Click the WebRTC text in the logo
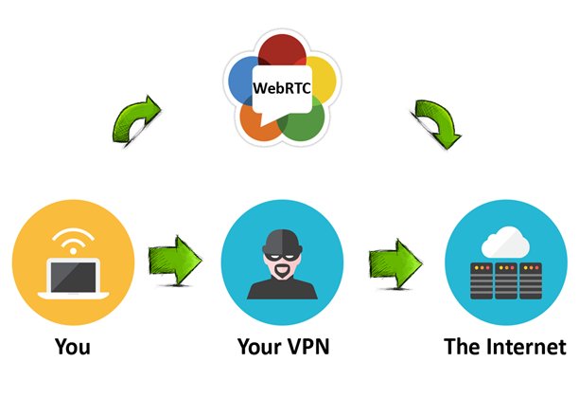click(x=281, y=88)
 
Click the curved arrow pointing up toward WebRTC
click(x=134, y=121)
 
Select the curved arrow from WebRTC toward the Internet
click(x=435, y=123)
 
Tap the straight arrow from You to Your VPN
click(x=175, y=257)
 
